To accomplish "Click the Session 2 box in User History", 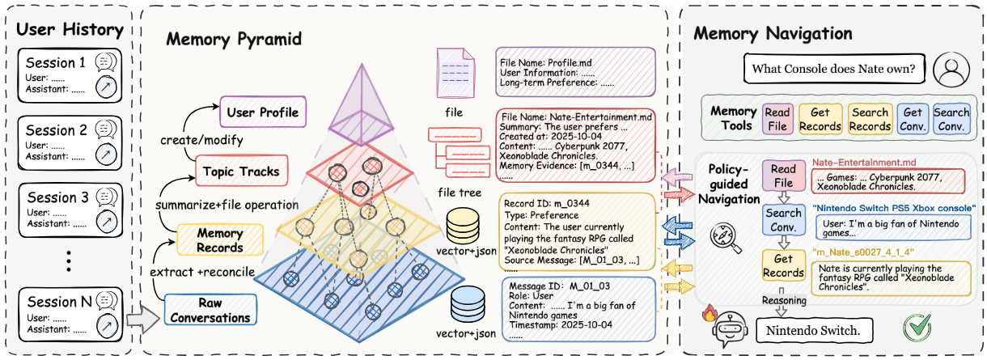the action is point(70,142).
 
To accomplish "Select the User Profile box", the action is point(263,112).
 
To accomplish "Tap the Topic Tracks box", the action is point(241,171).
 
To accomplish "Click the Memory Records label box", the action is point(220,239).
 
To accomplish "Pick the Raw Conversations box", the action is point(210,310).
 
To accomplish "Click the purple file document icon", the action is point(455,73).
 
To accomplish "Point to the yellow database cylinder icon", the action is point(463,226).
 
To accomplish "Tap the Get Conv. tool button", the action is point(913,119).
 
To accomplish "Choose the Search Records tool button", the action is point(871,119).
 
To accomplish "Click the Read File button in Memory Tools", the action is point(777,119).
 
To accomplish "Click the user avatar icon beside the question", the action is point(951,70).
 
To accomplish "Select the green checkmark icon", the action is point(917,328).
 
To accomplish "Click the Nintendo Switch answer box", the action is point(814,331).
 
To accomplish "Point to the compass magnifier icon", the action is point(725,238).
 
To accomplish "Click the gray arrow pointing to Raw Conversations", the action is point(142,319).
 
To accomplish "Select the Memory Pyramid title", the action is point(234,39).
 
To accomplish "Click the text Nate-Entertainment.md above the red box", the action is point(864,162).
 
